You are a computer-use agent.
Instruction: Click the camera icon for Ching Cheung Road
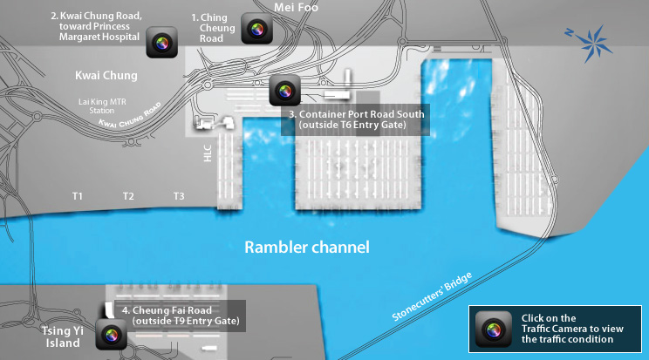256,31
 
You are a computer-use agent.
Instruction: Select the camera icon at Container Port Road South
284,90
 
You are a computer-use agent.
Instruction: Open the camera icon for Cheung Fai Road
112,335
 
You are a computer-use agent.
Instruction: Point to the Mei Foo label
296,7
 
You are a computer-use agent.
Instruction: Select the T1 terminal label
78,196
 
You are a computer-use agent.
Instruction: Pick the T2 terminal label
128,196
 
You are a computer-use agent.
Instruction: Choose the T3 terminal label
179,196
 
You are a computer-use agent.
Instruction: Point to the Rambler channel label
307,248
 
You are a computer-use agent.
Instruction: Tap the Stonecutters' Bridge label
433,297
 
